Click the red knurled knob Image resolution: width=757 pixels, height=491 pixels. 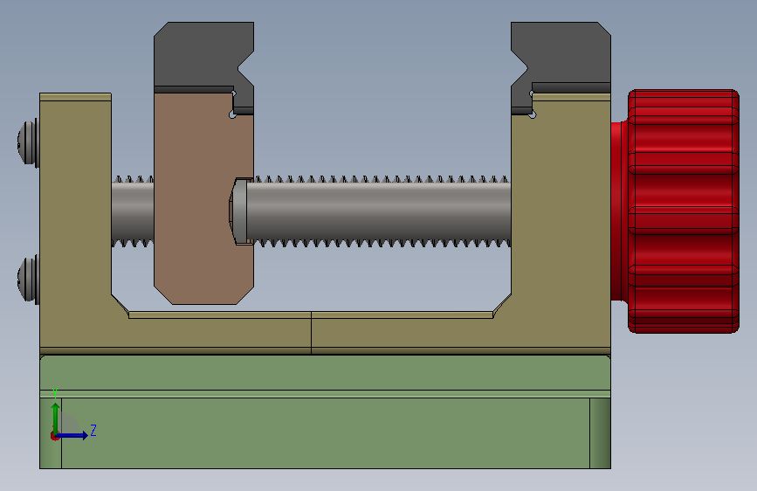click(x=683, y=211)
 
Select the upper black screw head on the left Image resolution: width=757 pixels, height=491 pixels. click(x=29, y=143)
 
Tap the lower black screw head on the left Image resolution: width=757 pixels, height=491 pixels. click(x=29, y=280)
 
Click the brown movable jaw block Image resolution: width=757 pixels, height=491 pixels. click(x=203, y=198)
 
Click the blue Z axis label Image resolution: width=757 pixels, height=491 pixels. click(x=93, y=430)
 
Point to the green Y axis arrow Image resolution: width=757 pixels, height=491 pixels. click(x=56, y=418)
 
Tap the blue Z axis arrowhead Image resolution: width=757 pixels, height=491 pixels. click(x=85, y=435)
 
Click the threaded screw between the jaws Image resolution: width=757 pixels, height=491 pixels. click(x=379, y=211)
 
